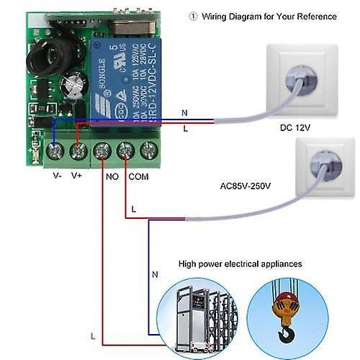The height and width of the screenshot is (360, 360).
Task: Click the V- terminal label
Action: coord(56,174)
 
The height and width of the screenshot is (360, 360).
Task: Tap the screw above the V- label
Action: coord(53,151)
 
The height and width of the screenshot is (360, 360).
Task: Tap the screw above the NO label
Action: coord(102,151)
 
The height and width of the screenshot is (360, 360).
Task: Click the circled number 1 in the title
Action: coord(192,16)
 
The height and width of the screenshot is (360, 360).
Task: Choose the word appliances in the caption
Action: coord(281,264)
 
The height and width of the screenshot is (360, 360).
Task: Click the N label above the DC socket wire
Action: coord(184,112)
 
